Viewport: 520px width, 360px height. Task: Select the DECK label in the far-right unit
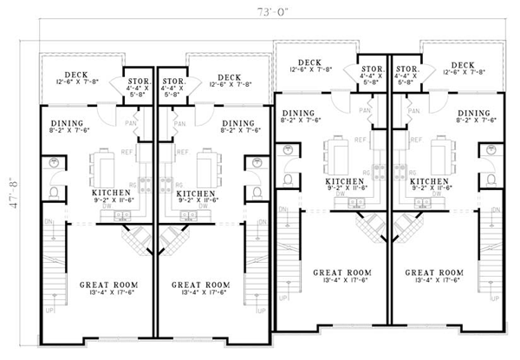coord(463,63)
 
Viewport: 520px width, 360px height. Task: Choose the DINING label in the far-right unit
coord(474,112)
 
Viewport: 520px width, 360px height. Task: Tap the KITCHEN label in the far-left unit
coord(108,193)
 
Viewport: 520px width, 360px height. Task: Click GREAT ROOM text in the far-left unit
coord(107,284)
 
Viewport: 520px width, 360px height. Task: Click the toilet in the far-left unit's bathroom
coord(55,193)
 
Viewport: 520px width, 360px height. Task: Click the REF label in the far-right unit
coord(400,138)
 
